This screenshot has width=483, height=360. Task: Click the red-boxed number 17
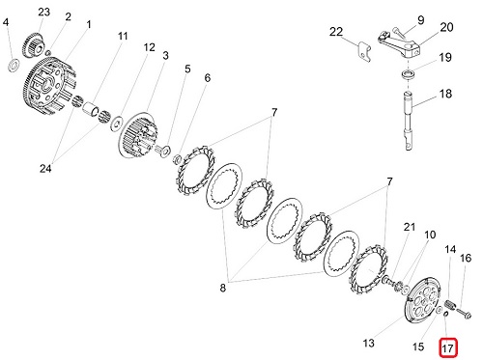tap(448, 347)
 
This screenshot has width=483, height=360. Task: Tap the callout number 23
tap(44, 12)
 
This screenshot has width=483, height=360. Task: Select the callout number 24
tap(45, 168)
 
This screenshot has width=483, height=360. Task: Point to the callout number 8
tap(223, 288)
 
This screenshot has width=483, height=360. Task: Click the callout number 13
tap(369, 343)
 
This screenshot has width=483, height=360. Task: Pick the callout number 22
tap(336, 32)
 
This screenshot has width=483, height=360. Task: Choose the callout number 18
tap(445, 94)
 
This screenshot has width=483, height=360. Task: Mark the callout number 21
tap(410, 227)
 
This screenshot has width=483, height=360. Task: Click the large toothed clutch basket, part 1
tap(51, 85)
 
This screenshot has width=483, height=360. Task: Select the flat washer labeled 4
tap(14, 66)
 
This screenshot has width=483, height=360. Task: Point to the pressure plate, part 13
tap(422, 300)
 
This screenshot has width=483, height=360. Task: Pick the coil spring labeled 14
tap(449, 305)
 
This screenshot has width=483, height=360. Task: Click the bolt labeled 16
tap(464, 312)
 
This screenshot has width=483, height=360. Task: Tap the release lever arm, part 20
tap(400, 43)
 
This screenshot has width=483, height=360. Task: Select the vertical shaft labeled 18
tap(409, 121)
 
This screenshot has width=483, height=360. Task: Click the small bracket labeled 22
tap(364, 52)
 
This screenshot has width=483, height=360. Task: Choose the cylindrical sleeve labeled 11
tap(91, 108)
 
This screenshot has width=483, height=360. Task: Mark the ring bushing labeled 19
tap(408, 74)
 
